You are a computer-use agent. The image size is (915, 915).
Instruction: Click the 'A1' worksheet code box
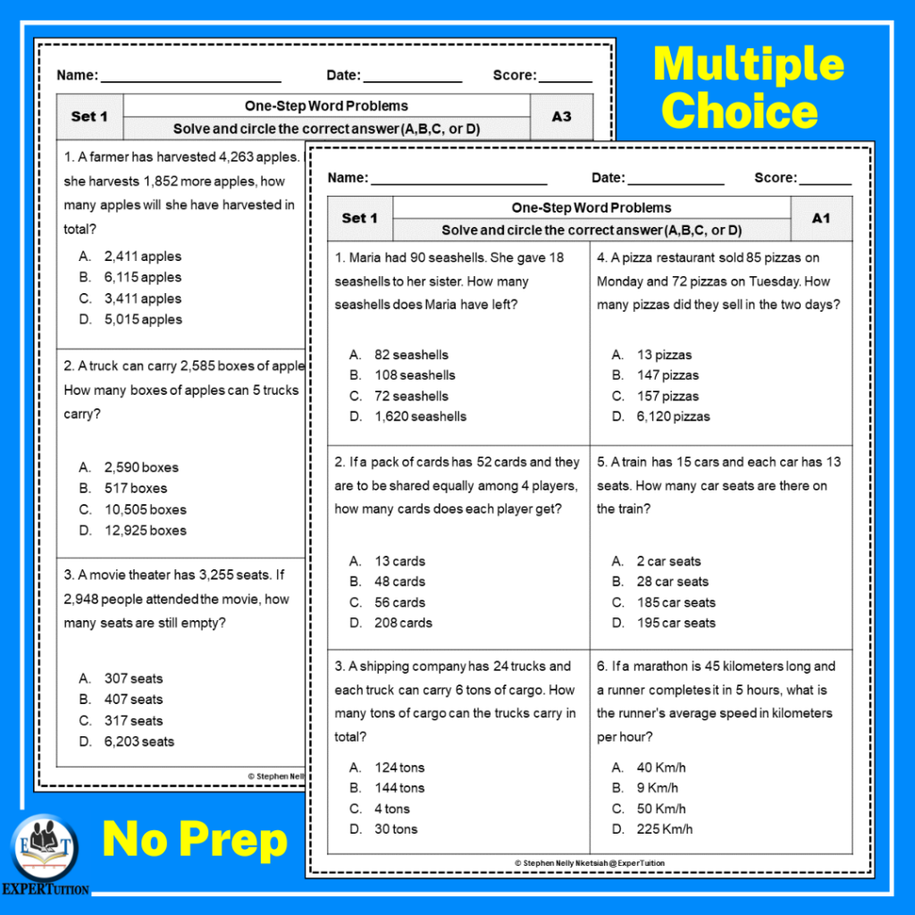[x=821, y=218]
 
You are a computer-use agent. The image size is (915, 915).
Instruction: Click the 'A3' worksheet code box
[x=561, y=116]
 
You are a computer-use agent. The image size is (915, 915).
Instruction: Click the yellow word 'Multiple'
[x=749, y=64]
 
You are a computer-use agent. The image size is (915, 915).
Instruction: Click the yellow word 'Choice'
[x=740, y=112]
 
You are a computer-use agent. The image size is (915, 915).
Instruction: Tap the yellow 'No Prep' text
[x=195, y=840]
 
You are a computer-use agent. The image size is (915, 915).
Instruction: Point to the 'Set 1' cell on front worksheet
[x=360, y=218]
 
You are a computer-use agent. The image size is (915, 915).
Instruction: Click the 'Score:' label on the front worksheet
[x=774, y=178]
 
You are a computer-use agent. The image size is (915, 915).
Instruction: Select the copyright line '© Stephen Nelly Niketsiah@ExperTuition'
[x=590, y=863]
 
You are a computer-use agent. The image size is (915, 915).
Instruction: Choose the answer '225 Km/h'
[x=664, y=829]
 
